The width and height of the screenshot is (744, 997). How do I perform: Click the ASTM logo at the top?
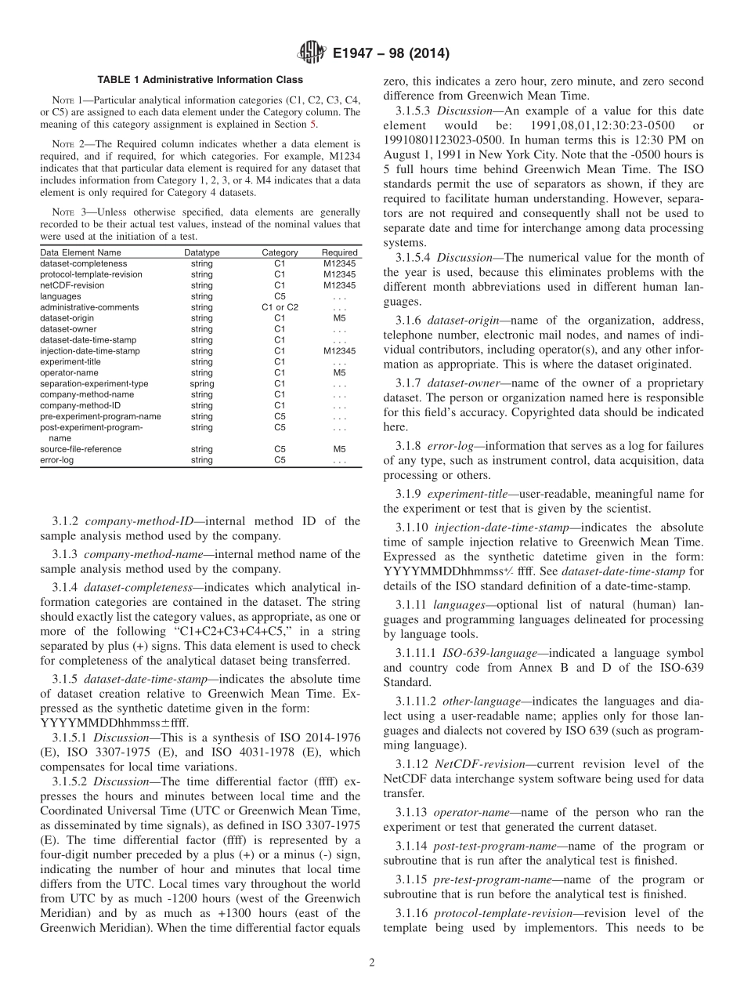pyautogui.click(x=311, y=54)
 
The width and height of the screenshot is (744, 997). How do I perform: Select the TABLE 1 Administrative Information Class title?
pyautogui.click(x=200, y=80)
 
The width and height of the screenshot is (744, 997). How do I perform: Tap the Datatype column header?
pyautogui.click(x=201, y=252)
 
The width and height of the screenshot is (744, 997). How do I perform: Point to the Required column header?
pyautogui.click(x=339, y=252)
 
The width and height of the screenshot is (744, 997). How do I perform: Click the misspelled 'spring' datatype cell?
pyautogui.click(x=201, y=384)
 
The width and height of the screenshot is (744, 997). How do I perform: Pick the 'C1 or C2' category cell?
pyautogui.click(x=280, y=307)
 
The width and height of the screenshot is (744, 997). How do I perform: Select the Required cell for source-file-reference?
pyautogui.click(x=339, y=449)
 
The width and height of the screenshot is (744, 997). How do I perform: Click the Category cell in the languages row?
pyautogui.click(x=280, y=296)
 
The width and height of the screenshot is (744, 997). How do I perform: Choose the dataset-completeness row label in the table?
pyautogui.click(x=83, y=263)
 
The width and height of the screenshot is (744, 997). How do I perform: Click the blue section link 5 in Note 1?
pyautogui.click(x=315, y=124)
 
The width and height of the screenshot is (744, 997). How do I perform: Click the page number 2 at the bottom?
pyautogui.click(x=372, y=963)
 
